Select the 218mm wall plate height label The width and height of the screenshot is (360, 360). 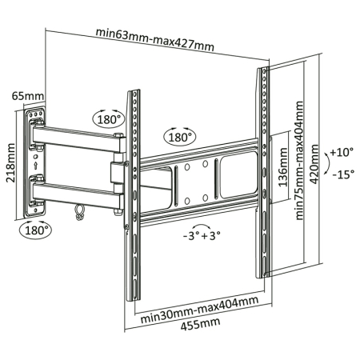point(10,163)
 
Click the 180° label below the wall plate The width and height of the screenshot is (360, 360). point(34,229)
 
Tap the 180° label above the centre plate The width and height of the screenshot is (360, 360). point(180,137)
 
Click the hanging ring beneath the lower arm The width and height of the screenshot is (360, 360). point(78,212)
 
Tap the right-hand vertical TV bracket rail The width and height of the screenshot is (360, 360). point(263,176)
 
